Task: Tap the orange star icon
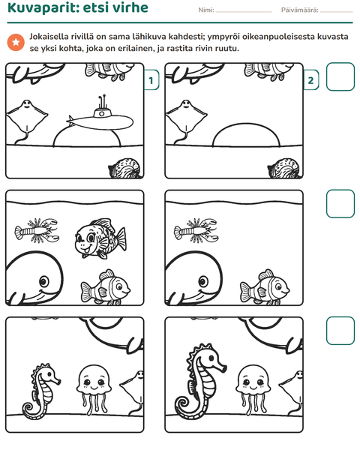click(x=16, y=43)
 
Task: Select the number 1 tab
click(x=151, y=80)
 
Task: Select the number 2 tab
click(x=310, y=80)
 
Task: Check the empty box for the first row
click(x=340, y=76)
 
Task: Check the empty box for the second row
click(x=340, y=204)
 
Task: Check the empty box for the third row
click(x=340, y=331)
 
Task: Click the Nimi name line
click(x=244, y=12)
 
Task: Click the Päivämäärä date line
click(x=337, y=12)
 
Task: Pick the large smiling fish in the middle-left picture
click(x=100, y=238)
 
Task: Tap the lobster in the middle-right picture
click(x=196, y=230)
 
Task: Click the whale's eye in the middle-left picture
click(x=44, y=281)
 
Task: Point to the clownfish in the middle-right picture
click(x=265, y=287)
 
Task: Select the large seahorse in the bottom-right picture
click(x=199, y=382)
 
